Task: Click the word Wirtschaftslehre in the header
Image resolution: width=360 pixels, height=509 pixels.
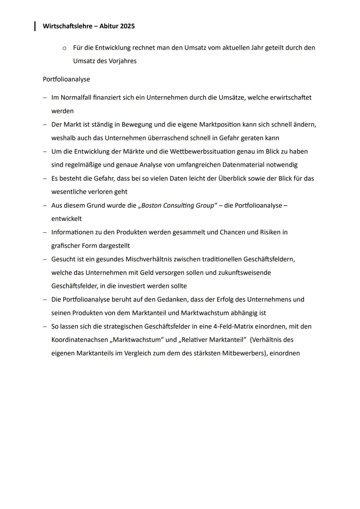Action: (66, 26)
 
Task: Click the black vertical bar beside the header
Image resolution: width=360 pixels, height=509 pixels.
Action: (35, 26)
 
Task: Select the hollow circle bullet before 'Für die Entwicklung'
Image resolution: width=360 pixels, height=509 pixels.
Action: (64, 48)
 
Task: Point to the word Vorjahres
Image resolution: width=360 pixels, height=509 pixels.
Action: (122, 61)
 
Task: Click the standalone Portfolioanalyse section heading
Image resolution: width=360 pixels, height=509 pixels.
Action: (66, 79)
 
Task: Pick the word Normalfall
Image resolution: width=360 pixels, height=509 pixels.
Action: (76, 98)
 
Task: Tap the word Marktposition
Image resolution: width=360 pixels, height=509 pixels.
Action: (220, 125)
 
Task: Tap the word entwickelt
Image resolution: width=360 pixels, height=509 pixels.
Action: (66, 219)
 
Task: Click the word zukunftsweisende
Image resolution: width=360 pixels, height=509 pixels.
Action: (244, 273)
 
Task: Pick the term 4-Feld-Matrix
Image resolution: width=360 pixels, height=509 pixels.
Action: (233, 327)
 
